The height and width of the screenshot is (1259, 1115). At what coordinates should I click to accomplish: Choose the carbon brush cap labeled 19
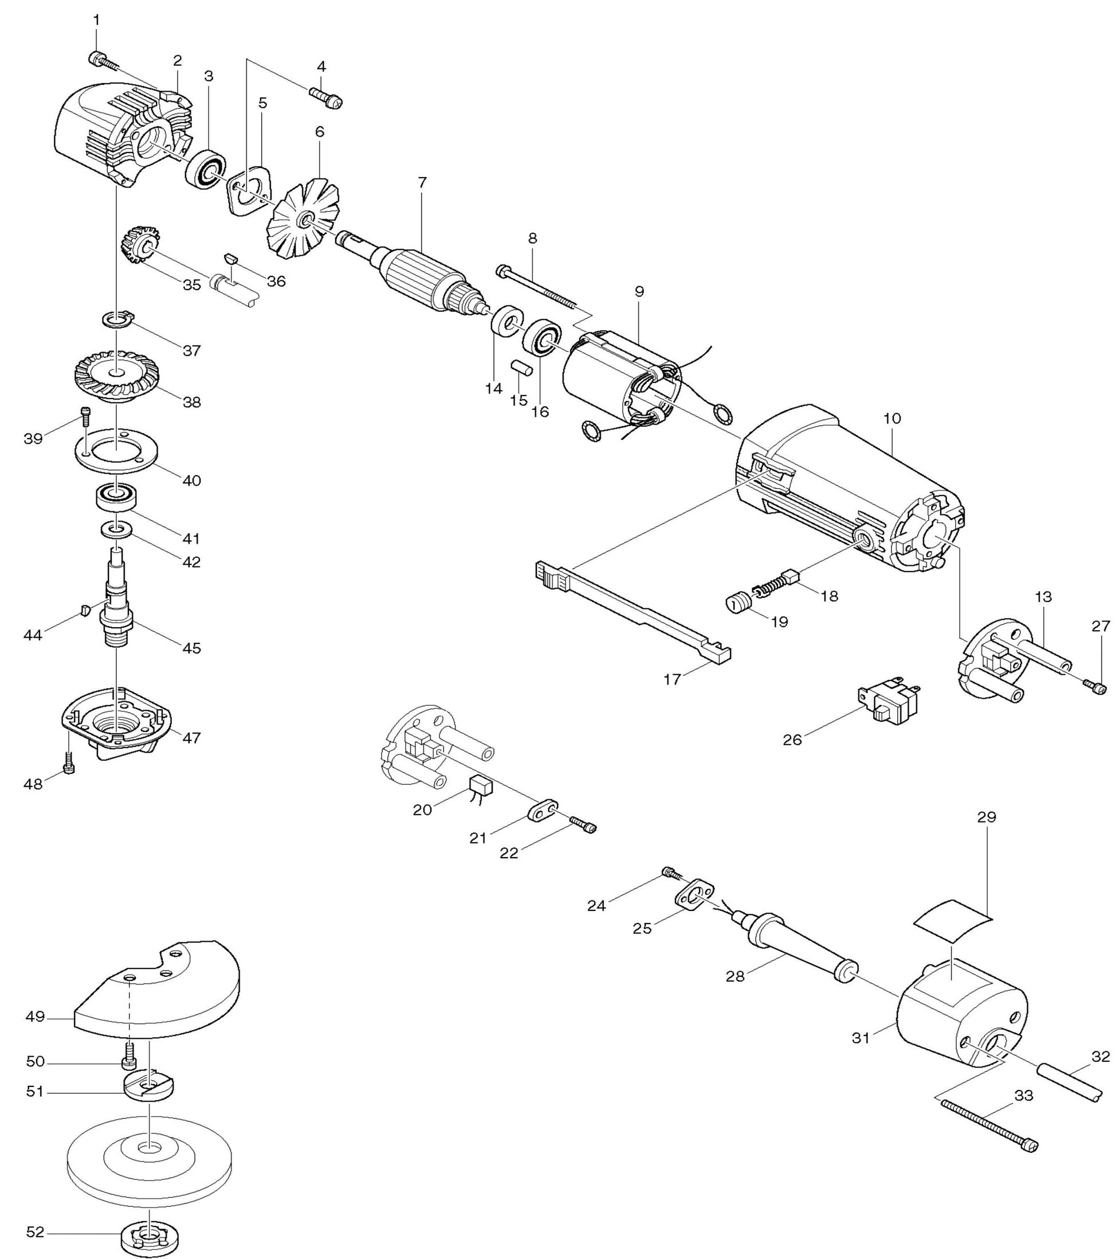click(736, 603)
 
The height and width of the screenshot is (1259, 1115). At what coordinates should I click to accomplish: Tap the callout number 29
click(986, 818)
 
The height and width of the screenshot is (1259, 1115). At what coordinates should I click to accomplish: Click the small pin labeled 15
click(521, 367)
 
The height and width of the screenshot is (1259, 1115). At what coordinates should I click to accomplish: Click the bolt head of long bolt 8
click(501, 270)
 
